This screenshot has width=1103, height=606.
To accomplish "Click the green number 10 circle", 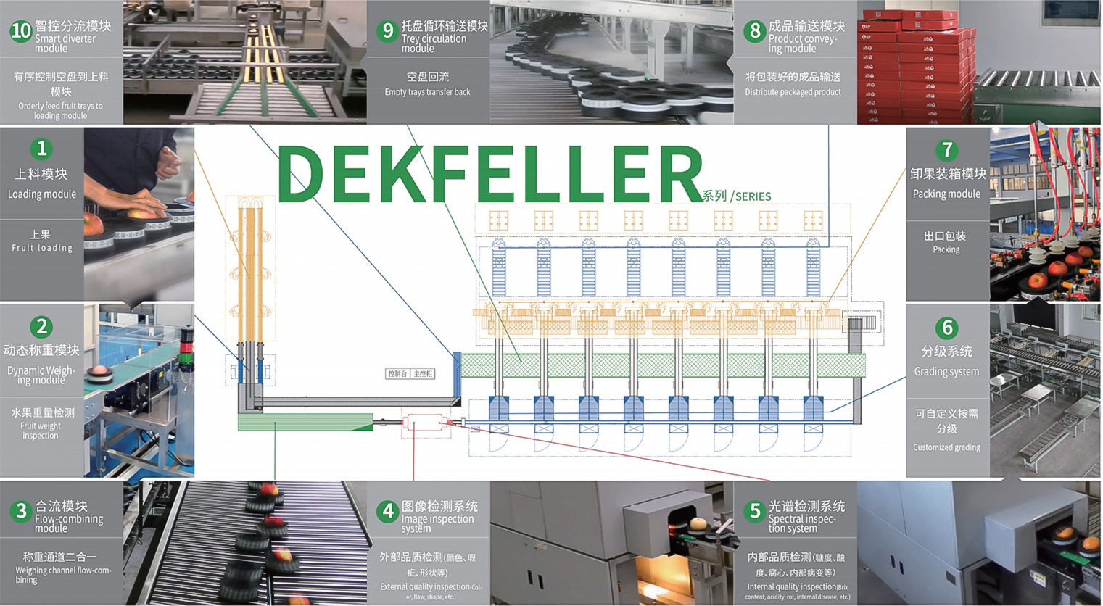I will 20,30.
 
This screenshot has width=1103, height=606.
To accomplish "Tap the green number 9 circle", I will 388,30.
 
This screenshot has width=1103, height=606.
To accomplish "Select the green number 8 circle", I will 755,30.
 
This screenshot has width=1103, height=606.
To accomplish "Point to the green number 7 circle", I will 946,150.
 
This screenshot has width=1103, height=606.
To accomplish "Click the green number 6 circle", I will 946,328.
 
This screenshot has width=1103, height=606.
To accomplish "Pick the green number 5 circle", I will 755,511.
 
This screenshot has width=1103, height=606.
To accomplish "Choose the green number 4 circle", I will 388,511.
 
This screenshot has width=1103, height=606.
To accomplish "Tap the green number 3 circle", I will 21,511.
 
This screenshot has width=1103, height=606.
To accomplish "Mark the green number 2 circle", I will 41,327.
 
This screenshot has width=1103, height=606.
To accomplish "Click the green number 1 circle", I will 41,149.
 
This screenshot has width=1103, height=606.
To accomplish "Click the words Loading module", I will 42,194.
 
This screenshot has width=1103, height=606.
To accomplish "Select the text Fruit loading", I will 42,248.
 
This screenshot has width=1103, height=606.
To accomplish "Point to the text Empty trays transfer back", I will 427,92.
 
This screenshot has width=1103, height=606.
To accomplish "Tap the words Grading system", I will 946,372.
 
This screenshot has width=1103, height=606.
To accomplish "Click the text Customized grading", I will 946,447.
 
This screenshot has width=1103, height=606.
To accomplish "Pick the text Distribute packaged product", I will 793,92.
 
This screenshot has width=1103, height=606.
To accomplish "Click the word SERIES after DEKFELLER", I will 753,196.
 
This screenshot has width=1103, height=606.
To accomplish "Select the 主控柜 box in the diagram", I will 423,374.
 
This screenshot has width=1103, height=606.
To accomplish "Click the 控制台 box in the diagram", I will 397,374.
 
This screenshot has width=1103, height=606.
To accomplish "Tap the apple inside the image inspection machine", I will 698,524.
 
